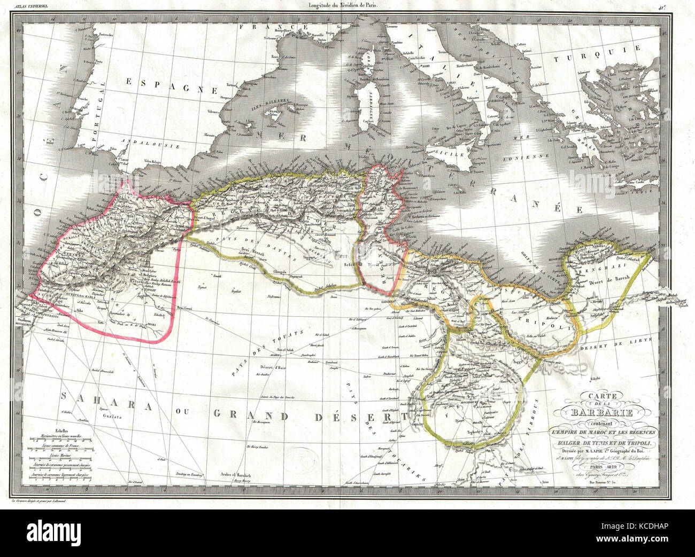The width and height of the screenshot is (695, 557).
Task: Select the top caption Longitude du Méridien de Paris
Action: pyautogui.click(x=347, y=6)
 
